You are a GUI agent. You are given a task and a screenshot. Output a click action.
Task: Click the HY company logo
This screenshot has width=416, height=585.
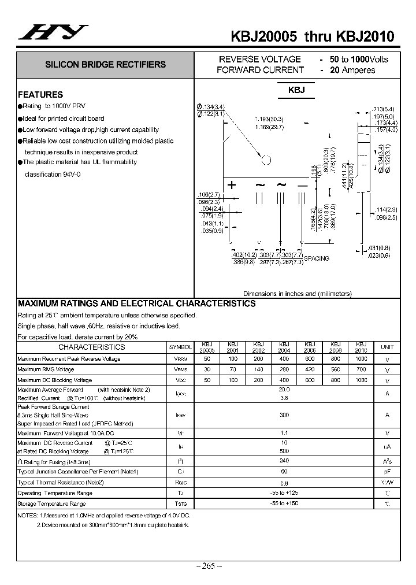(x=53, y=32)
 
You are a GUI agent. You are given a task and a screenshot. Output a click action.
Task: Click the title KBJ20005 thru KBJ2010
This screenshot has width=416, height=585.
(x=312, y=36)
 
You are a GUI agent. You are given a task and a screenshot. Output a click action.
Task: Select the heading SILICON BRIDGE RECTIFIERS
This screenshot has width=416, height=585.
(x=105, y=65)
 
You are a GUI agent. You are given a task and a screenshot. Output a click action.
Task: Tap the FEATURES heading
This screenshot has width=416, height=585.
(x=40, y=94)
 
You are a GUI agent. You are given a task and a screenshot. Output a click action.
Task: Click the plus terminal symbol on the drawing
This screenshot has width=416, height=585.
(x=232, y=186)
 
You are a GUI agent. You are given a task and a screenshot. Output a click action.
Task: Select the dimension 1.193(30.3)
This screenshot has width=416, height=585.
(x=269, y=119)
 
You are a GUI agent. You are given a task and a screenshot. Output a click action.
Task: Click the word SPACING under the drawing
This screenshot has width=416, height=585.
(x=316, y=258)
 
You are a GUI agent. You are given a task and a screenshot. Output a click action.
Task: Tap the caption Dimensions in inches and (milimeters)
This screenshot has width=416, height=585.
(x=297, y=294)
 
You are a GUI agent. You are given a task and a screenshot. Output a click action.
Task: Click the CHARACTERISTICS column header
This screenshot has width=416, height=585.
(x=91, y=347)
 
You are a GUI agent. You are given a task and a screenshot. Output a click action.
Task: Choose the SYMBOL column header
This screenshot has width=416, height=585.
(x=180, y=347)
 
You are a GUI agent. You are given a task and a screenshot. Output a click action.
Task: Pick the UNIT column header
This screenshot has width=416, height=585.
(x=387, y=347)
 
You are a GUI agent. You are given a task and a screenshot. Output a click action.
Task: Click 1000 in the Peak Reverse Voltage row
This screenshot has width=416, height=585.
(x=361, y=359)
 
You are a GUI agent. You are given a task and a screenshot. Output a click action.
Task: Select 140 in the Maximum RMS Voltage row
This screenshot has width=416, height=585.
(x=258, y=369)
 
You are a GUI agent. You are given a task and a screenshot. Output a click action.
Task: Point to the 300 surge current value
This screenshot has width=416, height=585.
(x=284, y=415)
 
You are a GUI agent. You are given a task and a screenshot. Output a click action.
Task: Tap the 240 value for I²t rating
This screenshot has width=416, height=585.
(x=284, y=461)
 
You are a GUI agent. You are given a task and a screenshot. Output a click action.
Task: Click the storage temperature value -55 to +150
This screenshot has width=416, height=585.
(x=284, y=504)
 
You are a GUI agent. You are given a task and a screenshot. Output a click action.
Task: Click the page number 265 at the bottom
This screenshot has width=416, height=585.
(x=208, y=566)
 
